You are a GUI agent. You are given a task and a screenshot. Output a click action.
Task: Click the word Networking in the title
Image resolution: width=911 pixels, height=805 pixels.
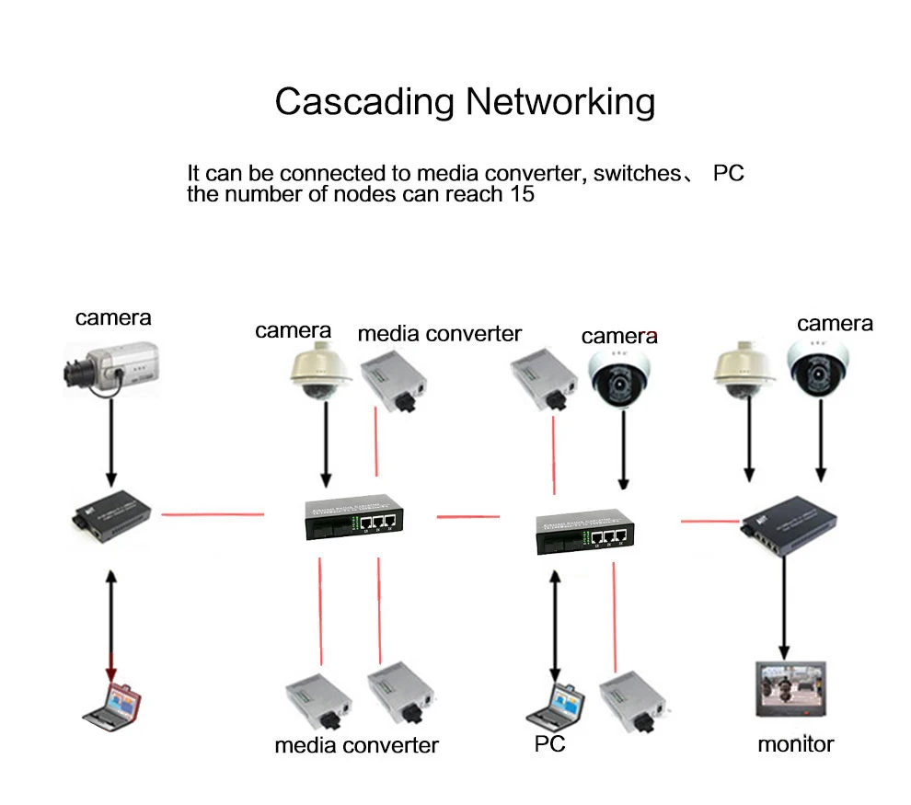click(x=559, y=101)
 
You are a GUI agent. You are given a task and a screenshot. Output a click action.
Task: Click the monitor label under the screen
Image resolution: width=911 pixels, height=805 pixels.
click(x=795, y=743)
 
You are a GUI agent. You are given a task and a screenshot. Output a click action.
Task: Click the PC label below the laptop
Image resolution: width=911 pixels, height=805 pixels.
click(x=549, y=743)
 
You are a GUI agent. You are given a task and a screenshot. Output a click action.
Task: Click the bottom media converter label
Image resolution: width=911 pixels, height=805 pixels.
click(x=356, y=744)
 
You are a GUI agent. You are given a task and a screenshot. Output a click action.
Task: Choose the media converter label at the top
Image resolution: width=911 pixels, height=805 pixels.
click(x=439, y=333)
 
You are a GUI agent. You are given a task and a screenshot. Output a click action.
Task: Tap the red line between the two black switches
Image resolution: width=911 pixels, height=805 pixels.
click(x=467, y=517)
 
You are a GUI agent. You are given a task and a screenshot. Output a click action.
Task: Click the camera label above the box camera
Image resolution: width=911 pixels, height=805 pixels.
click(x=113, y=317)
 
